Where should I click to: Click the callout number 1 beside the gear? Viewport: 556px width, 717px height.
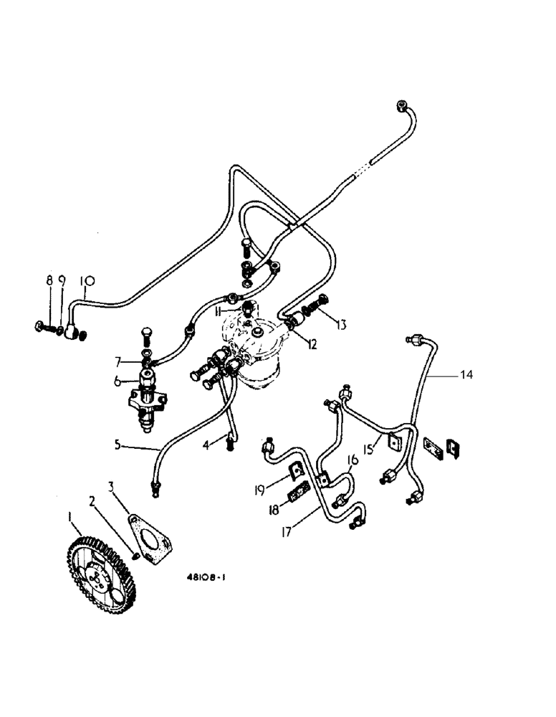pos(70,516)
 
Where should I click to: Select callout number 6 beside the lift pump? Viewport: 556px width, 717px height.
pos(117,382)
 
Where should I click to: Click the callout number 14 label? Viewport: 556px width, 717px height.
pos(467,374)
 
